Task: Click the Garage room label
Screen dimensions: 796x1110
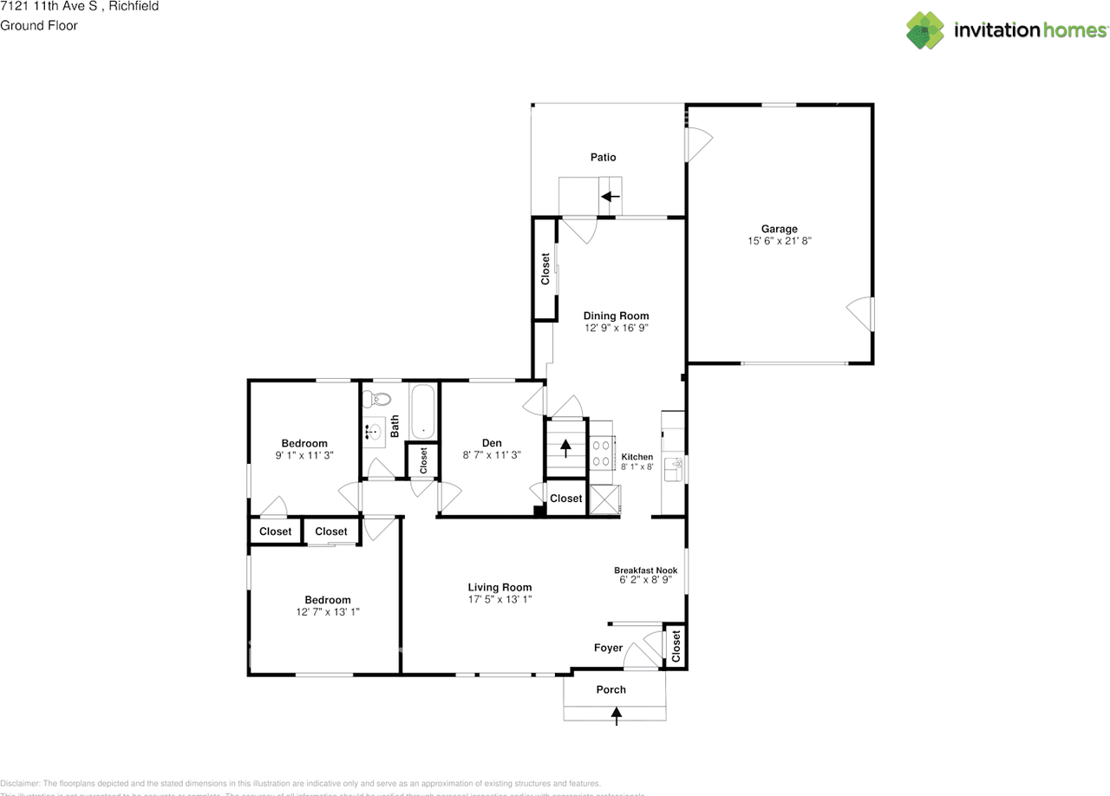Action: (779, 229)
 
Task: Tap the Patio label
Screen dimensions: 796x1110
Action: (603, 157)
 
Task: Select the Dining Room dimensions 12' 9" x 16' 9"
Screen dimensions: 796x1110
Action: (616, 329)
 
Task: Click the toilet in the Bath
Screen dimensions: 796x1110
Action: (377, 400)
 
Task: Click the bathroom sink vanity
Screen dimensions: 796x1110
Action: (375, 430)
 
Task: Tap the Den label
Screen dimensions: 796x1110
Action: (492, 443)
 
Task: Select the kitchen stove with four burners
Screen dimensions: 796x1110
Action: (602, 451)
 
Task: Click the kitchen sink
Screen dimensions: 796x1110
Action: (674, 470)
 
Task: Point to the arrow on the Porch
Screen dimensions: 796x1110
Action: (617, 715)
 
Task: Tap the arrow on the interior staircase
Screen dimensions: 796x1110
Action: (565, 447)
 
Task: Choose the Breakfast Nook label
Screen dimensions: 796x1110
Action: (646, 570)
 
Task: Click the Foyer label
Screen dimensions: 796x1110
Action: (608, 648)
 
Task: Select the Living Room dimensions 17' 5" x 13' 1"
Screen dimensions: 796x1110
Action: (499, 599)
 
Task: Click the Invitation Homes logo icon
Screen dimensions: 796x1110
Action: (925, 30)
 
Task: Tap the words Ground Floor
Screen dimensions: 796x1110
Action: (39, 25)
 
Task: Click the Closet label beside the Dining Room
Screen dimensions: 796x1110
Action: (545, 269)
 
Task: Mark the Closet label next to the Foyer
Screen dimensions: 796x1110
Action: (676, 645)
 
